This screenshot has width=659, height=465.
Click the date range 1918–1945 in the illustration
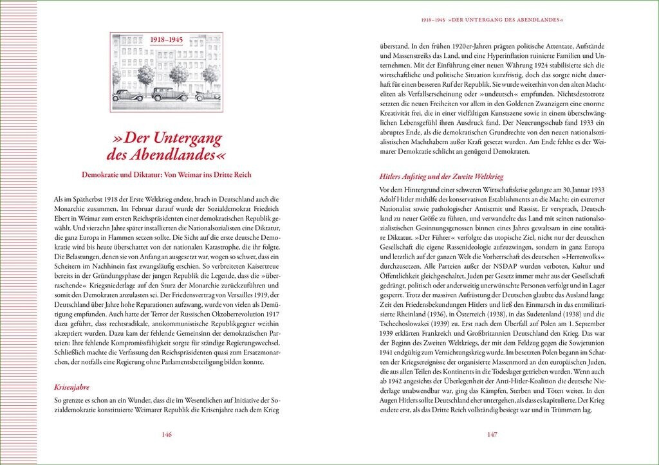click(166, 40)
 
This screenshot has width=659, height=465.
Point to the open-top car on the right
click(207, 96)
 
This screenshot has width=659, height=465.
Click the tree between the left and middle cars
click(146, 76)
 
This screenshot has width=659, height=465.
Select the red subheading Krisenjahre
click(71, 387)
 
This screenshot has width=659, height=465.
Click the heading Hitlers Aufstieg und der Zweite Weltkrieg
click(441, 176)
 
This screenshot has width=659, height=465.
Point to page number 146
click(166, 435)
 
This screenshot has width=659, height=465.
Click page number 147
click(492, 435)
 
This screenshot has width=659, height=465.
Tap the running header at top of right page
click(492, 20)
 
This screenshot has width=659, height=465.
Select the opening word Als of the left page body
click(60, 199)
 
